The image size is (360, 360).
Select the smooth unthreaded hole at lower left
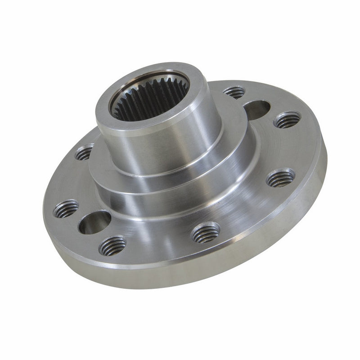[94, 222]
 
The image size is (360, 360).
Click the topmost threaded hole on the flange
[234, 92]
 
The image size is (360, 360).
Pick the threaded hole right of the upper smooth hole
[287, 120]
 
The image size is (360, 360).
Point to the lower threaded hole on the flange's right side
[280, 179]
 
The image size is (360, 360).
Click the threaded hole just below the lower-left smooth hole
[112, 246]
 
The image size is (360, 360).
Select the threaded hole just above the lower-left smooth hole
[66, 209]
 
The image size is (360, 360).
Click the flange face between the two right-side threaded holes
[288, 148]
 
